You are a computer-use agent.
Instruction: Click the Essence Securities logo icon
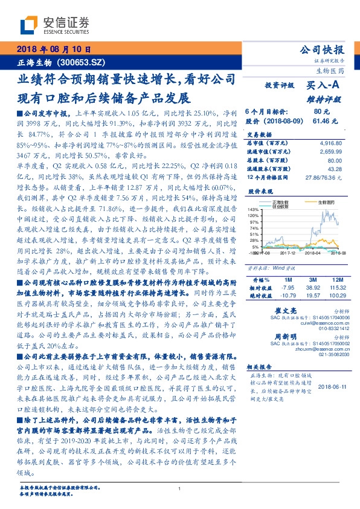click(x=30, y=26)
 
